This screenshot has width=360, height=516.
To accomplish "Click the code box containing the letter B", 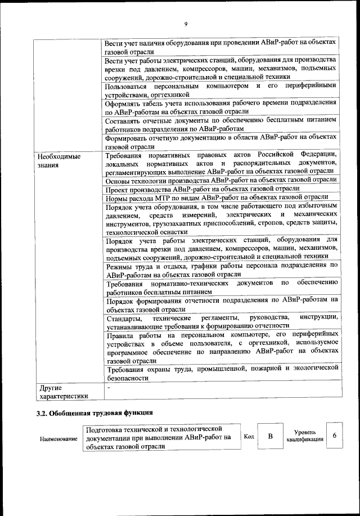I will (270, 437).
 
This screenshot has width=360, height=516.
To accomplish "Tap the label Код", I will (250, 437).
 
